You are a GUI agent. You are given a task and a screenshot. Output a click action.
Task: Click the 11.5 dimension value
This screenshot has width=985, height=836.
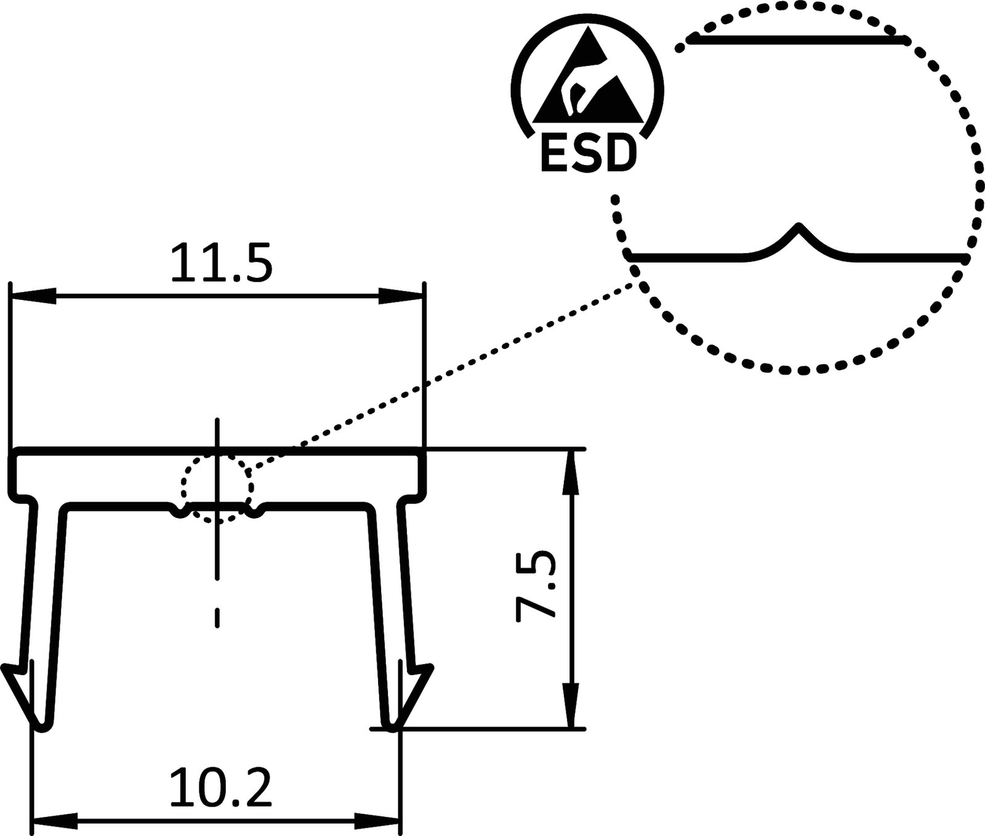click(x=221, y=263)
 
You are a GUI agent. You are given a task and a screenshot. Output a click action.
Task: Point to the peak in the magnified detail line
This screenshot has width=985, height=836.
click(x=799, y=227)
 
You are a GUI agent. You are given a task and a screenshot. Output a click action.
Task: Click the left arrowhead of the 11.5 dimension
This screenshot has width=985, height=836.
click(x=33, y=295)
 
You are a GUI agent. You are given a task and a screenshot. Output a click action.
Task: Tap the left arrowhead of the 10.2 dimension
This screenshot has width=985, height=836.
click(x=55, y=820)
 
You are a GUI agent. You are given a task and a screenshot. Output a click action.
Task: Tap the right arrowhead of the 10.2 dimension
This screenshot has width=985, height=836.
click(x=377, y=820)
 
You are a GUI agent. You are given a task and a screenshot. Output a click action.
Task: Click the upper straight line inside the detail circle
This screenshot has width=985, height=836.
click(x=797, y=40)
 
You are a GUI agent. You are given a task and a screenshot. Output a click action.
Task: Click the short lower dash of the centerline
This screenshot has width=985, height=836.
click(x=217, y=618)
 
